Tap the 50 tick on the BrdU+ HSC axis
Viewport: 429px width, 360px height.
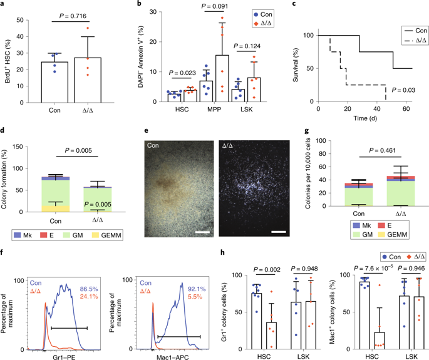click(22, 20)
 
